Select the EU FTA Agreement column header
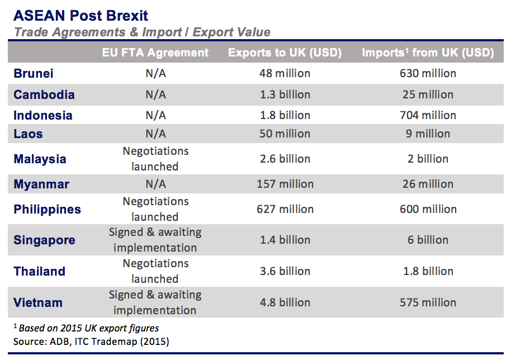coord(155,53)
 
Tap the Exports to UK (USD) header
coord(285,53)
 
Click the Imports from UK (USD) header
coord(428,53)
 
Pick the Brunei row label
coord(34,73)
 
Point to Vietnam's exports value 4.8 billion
coord(285,302)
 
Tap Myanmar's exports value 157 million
coord(285,184)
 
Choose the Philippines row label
coord(48,210)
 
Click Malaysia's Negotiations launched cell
coord(155,159)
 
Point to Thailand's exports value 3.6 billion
coord(285,271)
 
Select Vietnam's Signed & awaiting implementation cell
coord(155,302)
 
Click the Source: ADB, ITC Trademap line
coord(91,340)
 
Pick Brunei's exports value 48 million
coord(285,73)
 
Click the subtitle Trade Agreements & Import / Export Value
coord(142,32)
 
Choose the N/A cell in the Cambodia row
coord(155,94)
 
